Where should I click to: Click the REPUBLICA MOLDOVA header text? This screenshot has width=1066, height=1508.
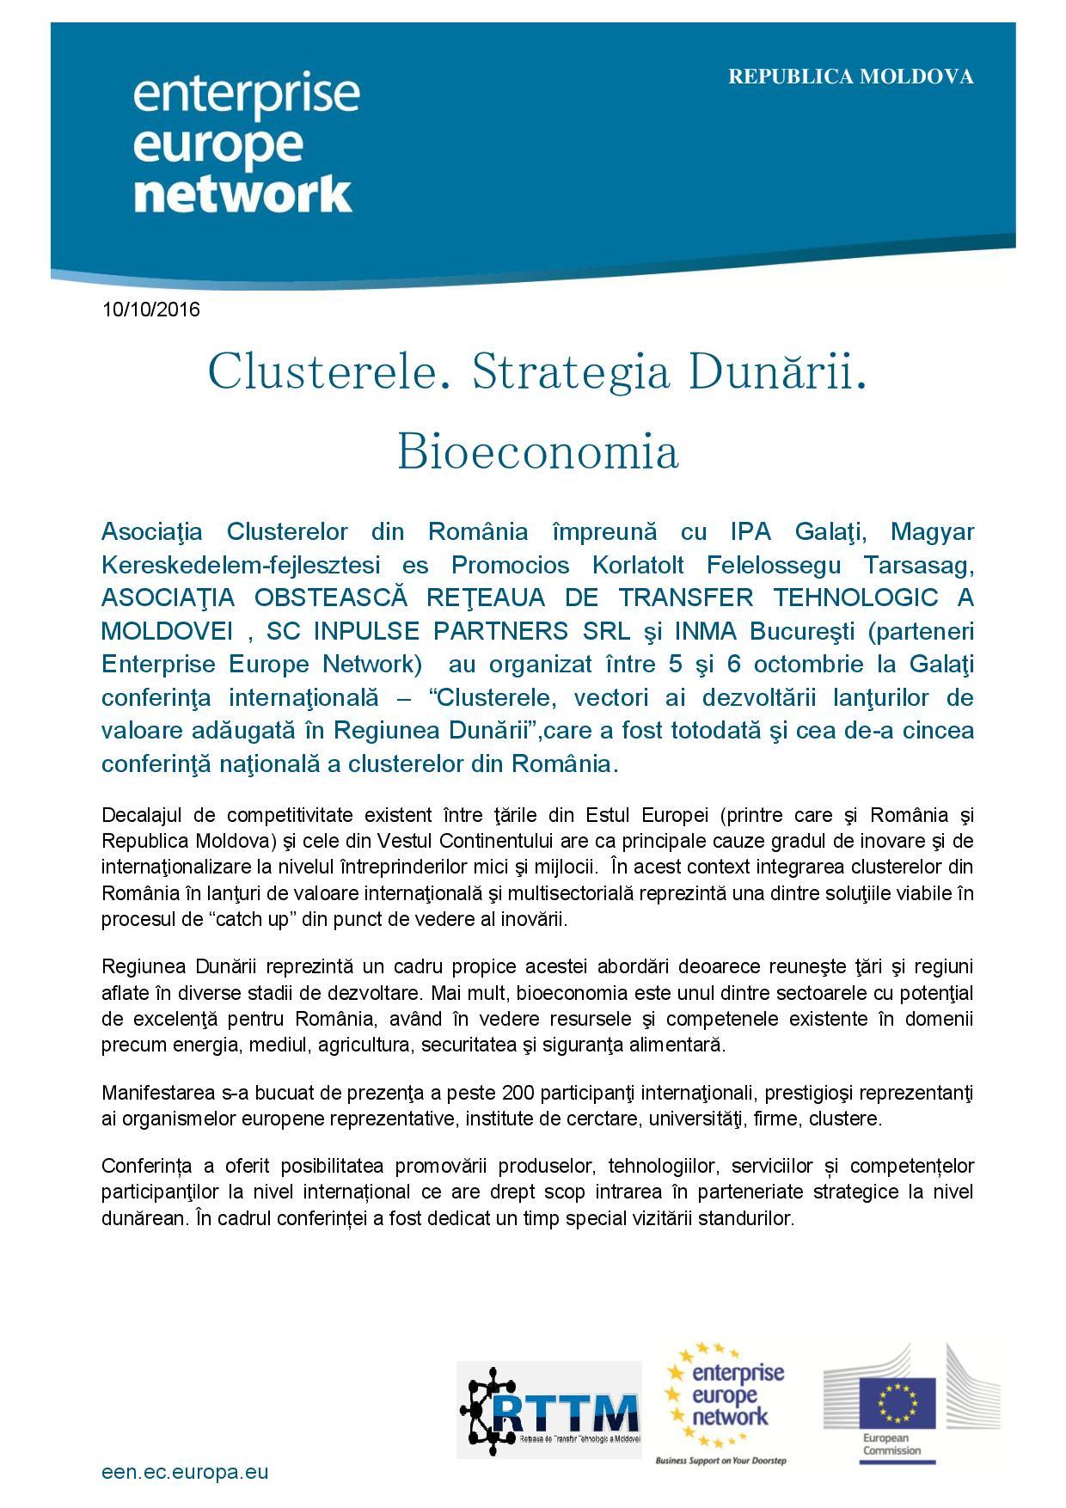(851, 77)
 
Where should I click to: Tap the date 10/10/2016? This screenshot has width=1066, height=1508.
(151, 310)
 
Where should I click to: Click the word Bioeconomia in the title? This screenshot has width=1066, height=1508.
(538, 451)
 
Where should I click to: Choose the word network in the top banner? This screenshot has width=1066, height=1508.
(243, 195)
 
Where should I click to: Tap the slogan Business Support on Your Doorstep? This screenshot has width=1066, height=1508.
(720, 1461)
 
